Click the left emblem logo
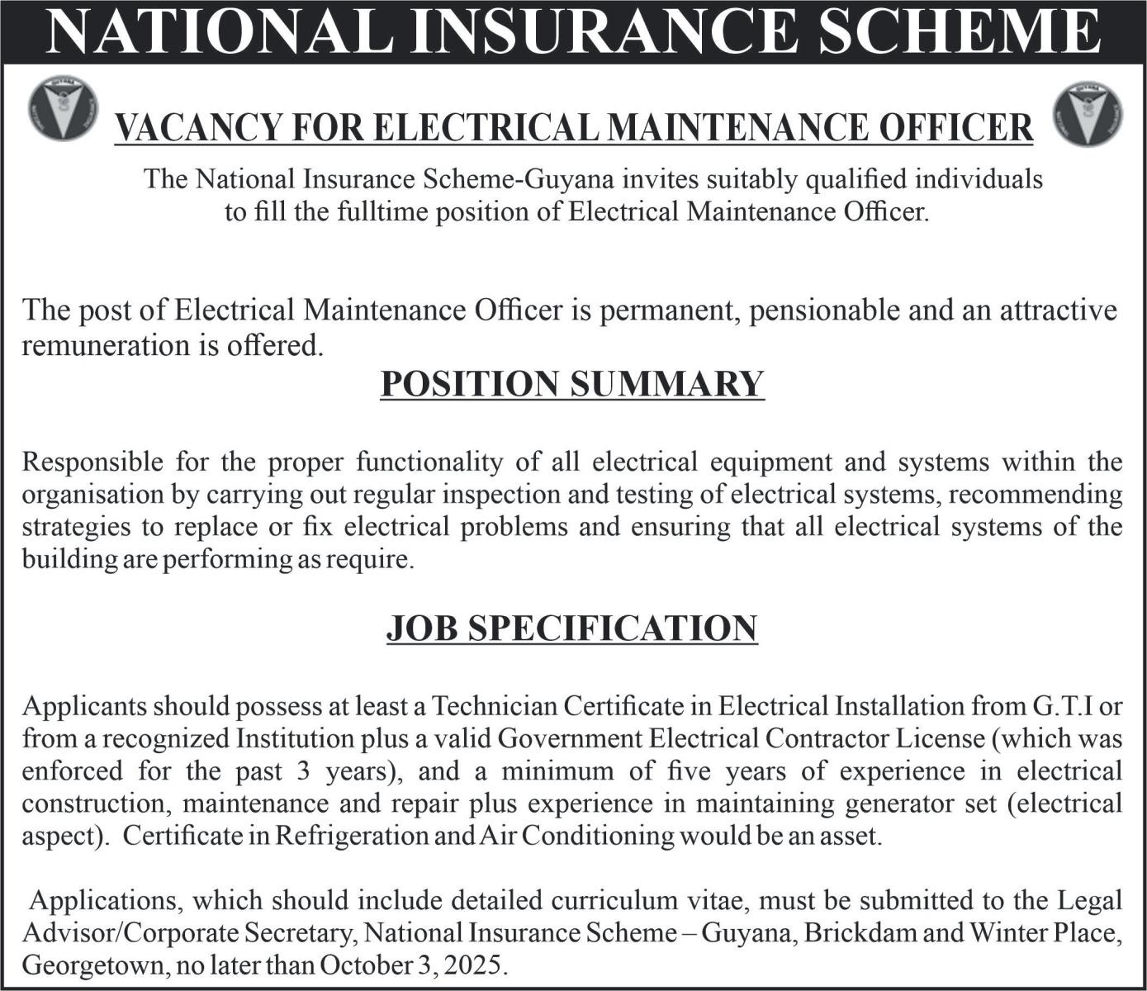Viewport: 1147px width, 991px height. pos(62,108)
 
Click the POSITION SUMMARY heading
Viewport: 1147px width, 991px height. pos(572,384)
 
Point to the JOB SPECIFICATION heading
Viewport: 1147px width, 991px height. pos(572,628)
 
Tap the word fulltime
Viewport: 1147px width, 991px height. pos(382,212)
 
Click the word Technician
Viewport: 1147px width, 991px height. pos(493,706)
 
